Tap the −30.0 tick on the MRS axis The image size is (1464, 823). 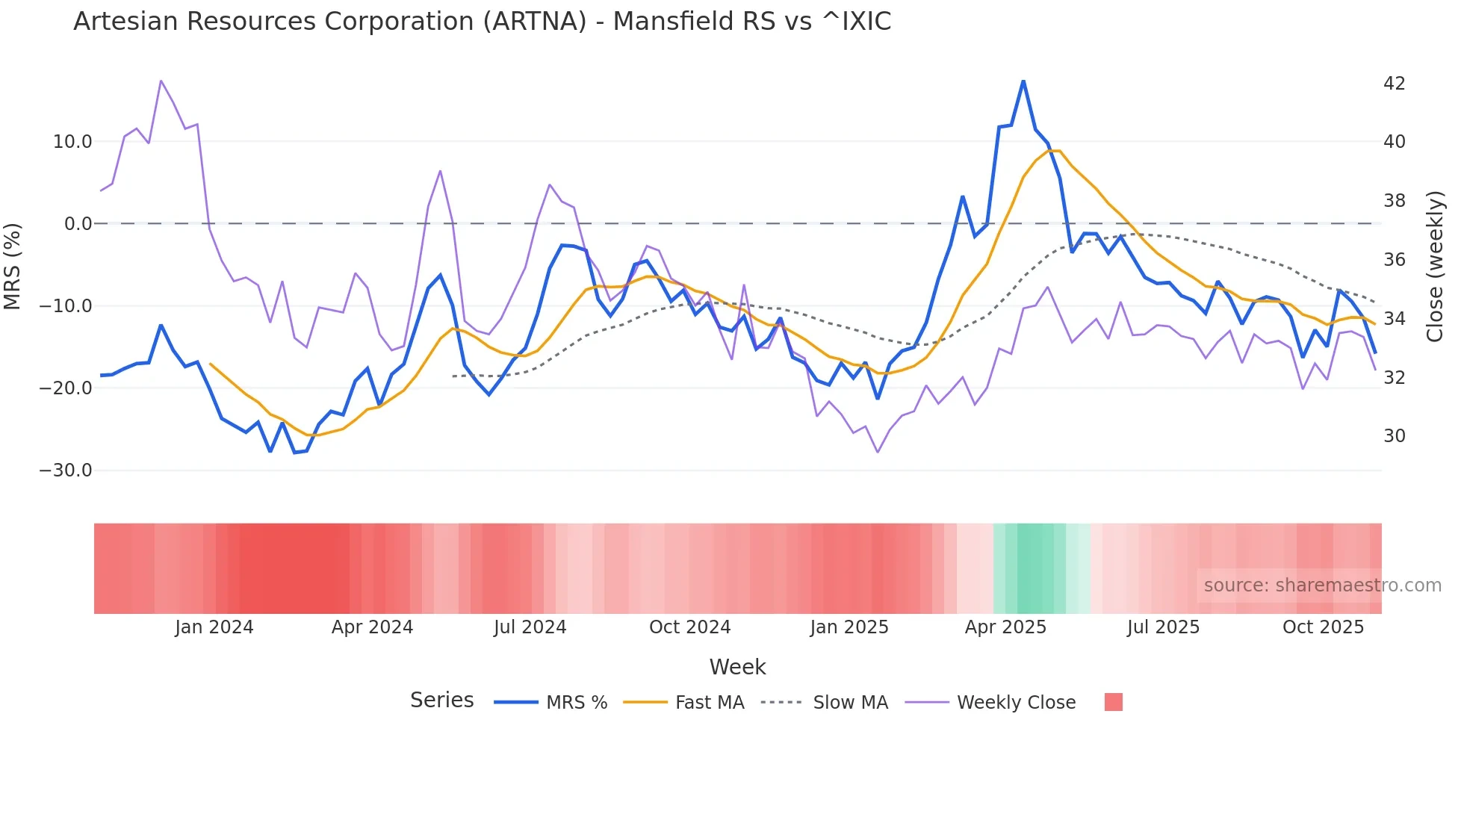66,470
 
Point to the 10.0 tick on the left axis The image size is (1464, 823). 72,142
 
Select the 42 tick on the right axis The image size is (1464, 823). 1394,83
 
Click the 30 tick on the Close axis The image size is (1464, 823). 1394,436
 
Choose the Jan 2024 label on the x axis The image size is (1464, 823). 214,627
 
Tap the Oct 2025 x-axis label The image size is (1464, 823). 1323,627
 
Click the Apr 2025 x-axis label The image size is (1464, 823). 1005,627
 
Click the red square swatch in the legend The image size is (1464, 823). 1113,702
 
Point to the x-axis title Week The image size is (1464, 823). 737,667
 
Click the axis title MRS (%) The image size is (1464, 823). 13,266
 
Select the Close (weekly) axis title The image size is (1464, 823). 1434,266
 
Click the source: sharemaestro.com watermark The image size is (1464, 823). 1322,586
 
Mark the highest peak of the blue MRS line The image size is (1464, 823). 1023,81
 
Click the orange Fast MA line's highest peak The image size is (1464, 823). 1054,151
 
